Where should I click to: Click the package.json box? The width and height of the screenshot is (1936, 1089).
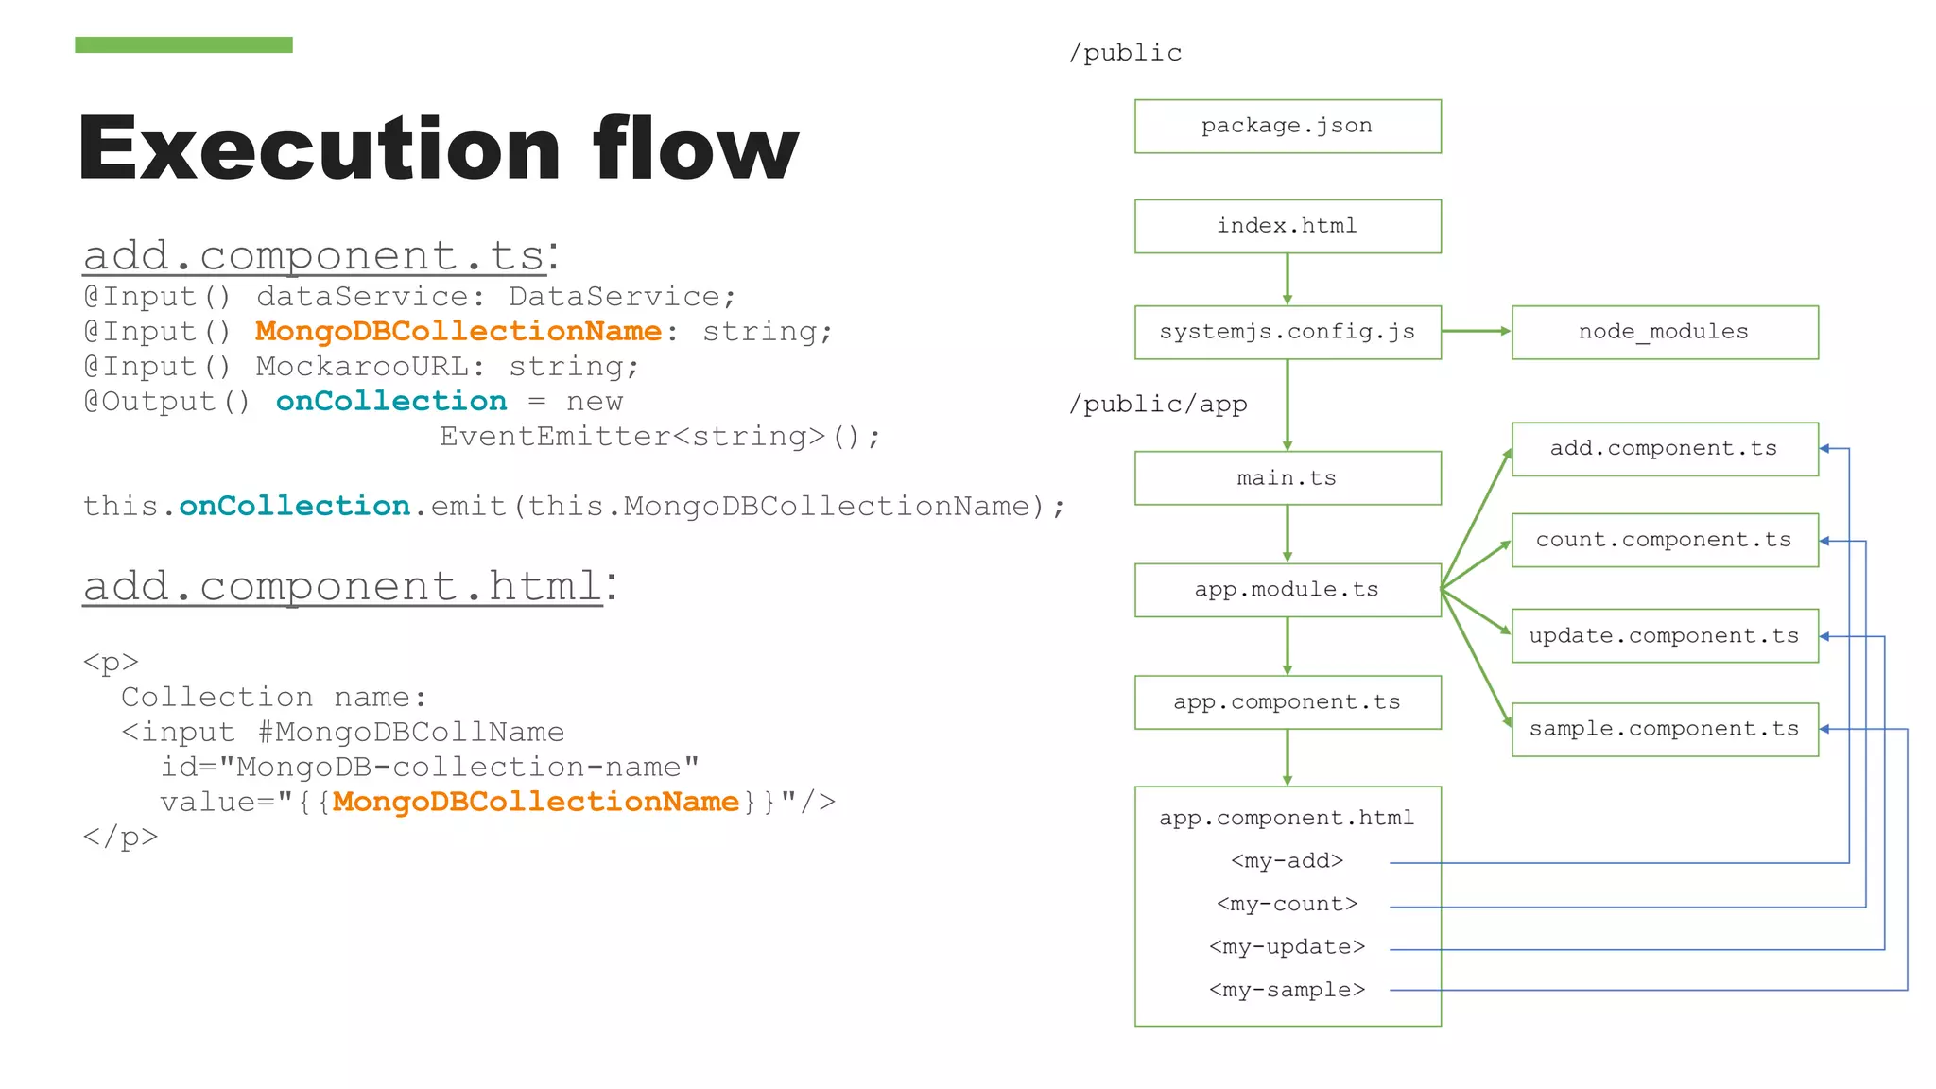click(x=1287, y=126)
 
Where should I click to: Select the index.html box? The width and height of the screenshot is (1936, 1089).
click(x=1287, y=226)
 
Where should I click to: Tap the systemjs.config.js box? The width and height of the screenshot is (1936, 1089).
click(x=1287, y=332)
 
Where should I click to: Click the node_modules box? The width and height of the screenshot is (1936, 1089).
click(x=1664, y=332)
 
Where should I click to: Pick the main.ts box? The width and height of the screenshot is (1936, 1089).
click(x=1287, y=478)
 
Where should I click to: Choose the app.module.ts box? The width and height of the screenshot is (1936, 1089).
click(x=1287, y=590)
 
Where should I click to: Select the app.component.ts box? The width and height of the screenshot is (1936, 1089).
click(x=1287, y=702)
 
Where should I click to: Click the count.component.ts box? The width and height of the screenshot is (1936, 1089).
click(x=1664, y=540)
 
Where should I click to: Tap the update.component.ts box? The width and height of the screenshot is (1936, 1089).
click(x=1664, y=635)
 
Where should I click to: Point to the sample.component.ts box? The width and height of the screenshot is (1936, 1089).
click(x=1664, y=729)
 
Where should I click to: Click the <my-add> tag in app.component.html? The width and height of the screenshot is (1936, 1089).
click(x=1287, y=861)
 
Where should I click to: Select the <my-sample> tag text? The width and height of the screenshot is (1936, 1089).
click(x=1287, y=990)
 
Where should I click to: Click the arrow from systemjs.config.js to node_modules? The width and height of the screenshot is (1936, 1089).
click(x=1476, y=331)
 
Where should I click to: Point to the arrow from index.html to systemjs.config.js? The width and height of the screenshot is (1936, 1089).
click(x=1287, y=279)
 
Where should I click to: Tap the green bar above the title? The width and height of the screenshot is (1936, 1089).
click(x=183, y=44)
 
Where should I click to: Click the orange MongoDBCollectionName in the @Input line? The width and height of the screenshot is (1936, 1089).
click(x=458, y=332)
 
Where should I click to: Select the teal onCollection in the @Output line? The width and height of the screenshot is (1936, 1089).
click(x=390, y=402)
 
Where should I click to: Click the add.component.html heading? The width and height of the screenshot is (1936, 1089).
click(x=342, y=586)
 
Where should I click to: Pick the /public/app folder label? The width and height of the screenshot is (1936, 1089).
click(x=1158, y=405)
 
